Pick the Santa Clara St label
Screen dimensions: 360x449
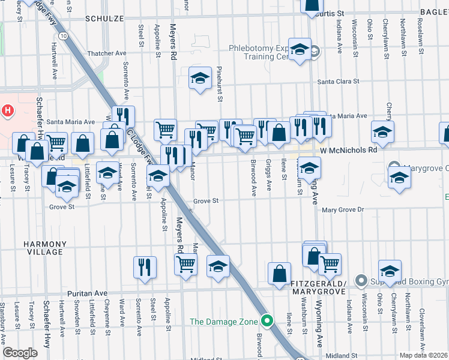[x=338, y=82]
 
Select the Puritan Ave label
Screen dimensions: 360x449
[x=86, y=293]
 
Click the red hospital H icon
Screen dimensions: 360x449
[x=8, y=111]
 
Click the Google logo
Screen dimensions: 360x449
[x=20, y=353]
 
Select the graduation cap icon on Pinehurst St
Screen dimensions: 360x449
[x=200, y=78]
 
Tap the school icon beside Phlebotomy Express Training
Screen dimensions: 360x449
[x=299, y=50]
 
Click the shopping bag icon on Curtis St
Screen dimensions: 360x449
[x=313, y=5]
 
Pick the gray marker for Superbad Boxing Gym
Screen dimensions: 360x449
[x=360, y=280]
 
